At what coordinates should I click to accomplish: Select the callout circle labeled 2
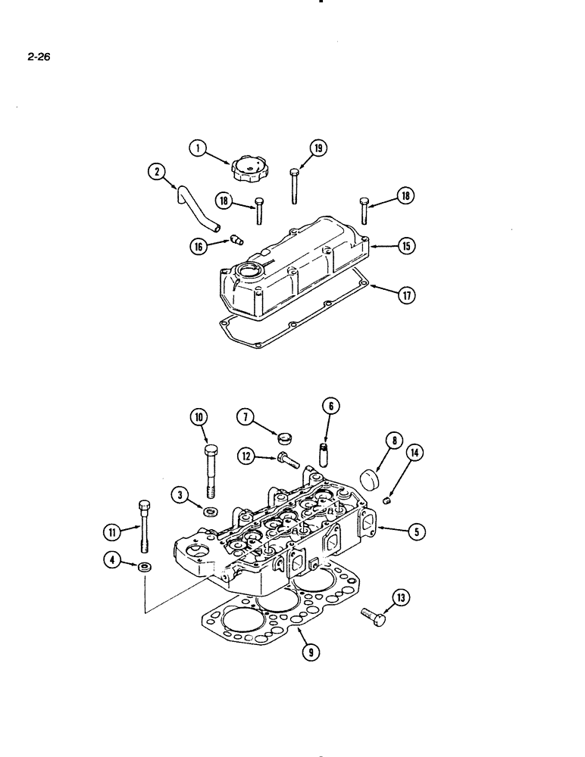click(157, 173)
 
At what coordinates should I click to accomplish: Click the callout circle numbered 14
click(414, 453)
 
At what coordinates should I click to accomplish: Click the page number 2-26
click(38, 55)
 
